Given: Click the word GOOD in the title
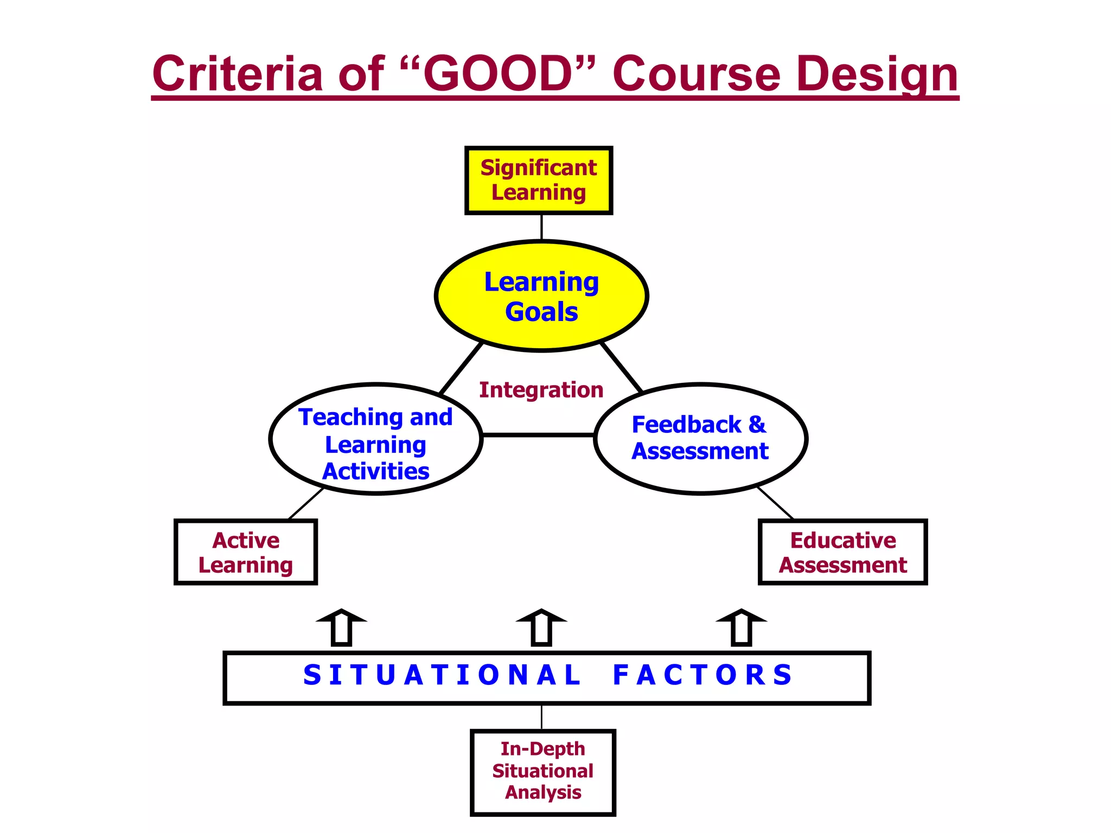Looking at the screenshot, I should tap(498, 74).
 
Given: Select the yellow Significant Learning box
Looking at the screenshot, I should tap(539, 181).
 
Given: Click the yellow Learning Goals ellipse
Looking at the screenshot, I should tap(541, 296).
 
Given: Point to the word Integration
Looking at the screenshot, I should tap(541, 390).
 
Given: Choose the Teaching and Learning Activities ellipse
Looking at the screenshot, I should tap(375, 439).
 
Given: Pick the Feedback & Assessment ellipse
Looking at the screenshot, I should tap(700, 439).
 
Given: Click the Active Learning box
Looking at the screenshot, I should tap(246, 552).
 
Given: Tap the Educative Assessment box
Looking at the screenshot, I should tap(842, 552).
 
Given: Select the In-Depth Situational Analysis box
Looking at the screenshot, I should tap(542, 772).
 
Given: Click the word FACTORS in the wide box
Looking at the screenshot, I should tap(703, 676).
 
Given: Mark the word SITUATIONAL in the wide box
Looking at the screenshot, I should tap(442, 676).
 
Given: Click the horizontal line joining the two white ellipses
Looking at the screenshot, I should tap(538, 434).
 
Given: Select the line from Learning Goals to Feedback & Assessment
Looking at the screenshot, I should tap(622, 368).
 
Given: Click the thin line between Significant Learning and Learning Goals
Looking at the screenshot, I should tap(541, 227).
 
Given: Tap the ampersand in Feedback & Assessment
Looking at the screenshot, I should tap(757, 425).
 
